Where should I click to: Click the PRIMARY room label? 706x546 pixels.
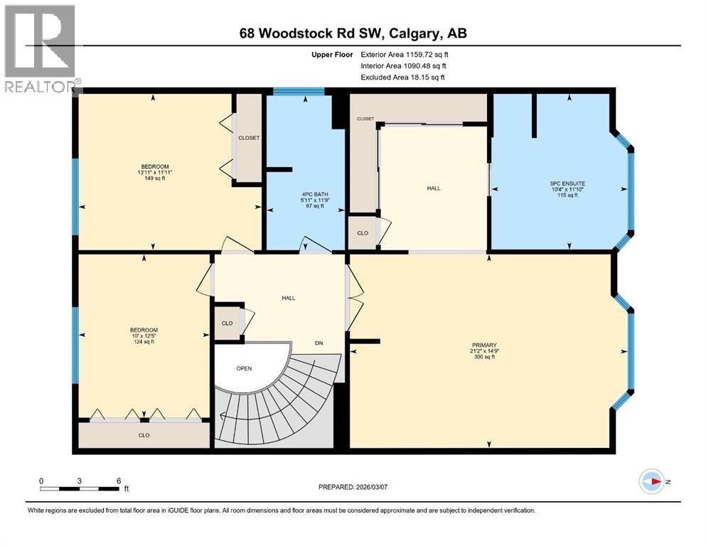[483, 345]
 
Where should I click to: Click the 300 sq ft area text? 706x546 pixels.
[483, 357]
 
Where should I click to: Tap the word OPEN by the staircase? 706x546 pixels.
[245, 368]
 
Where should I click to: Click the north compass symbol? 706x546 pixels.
[651, 482]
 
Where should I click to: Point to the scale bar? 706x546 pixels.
[80, 488]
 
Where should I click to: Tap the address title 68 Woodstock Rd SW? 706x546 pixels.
[352, 33]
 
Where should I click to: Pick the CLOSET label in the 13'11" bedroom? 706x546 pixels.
[248, 138]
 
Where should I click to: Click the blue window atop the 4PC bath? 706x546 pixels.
[299, 91]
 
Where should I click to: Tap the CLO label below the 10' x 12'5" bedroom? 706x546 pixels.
[144, 435]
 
